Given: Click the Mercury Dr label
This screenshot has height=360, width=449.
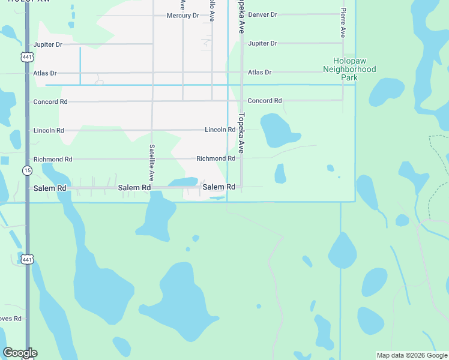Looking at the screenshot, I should [182, 16].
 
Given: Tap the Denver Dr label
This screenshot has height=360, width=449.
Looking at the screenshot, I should [263, 14].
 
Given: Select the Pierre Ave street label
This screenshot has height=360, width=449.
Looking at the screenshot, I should [343, 23].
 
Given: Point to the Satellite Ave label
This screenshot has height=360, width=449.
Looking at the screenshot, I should [152, 163].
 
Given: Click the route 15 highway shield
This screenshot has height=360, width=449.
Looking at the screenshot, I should [27, 171].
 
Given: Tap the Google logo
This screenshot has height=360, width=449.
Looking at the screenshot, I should [20, 353].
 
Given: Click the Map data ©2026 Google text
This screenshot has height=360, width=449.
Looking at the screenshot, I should [411, 355].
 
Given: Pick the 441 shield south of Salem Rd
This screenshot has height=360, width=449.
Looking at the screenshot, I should [27, 259].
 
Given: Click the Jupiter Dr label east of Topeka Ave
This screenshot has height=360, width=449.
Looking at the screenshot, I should [262, 44].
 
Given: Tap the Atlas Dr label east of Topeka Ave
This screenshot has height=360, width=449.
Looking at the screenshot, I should [260, 73].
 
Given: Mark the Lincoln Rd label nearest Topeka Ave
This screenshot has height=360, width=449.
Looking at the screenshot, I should [220, 130].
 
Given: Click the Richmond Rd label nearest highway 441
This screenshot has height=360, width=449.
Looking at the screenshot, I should [53, 160].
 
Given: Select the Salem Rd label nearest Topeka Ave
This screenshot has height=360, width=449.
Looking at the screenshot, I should [218, 187].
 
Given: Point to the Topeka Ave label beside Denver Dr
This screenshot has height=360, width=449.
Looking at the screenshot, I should [241, 17].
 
